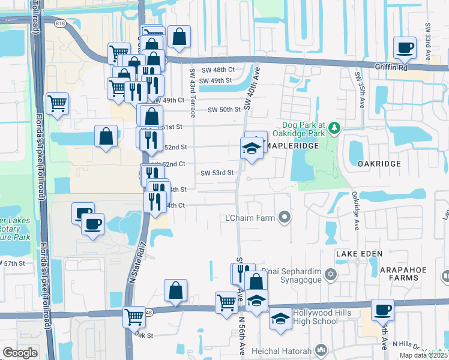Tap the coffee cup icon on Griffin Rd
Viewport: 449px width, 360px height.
click(404, 47)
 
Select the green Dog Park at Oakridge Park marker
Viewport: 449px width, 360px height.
click(336, 127)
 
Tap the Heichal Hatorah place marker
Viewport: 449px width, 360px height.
click(322, 350)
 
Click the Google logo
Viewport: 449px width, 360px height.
click(19, 353)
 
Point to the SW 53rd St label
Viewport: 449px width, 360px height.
click(217, 173)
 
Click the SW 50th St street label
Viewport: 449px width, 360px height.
click(224, 110)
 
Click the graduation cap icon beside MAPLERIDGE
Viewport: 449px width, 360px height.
click(252, 148)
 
